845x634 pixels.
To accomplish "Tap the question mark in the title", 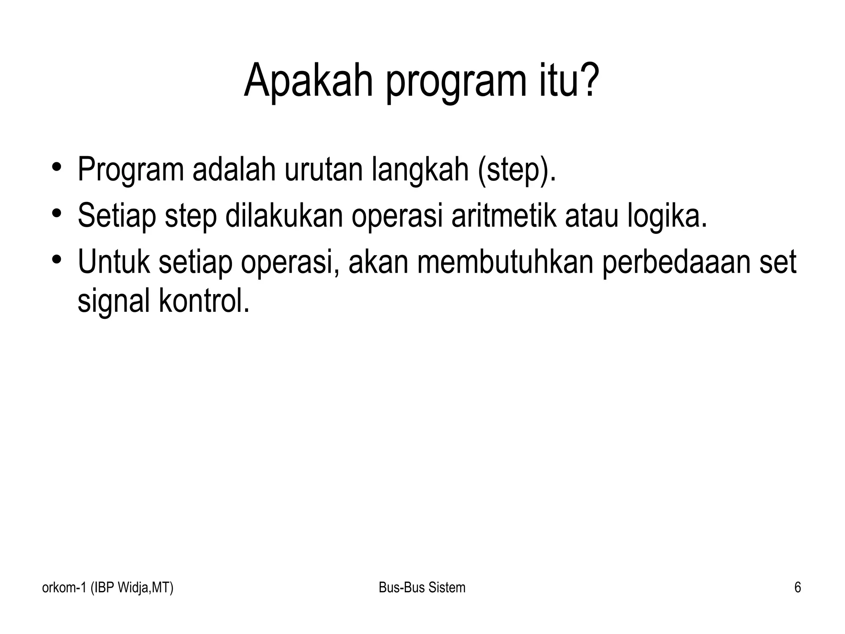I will coord(586,81).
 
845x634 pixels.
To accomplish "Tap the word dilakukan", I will coord(284,216).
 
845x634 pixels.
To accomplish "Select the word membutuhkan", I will coord(505,262).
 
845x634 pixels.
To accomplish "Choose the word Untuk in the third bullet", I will coord(113,262).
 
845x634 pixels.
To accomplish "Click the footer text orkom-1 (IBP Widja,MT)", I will coord(108,587).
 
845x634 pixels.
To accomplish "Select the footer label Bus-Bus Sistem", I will coord(422,587).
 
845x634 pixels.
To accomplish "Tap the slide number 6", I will coord(798,587).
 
